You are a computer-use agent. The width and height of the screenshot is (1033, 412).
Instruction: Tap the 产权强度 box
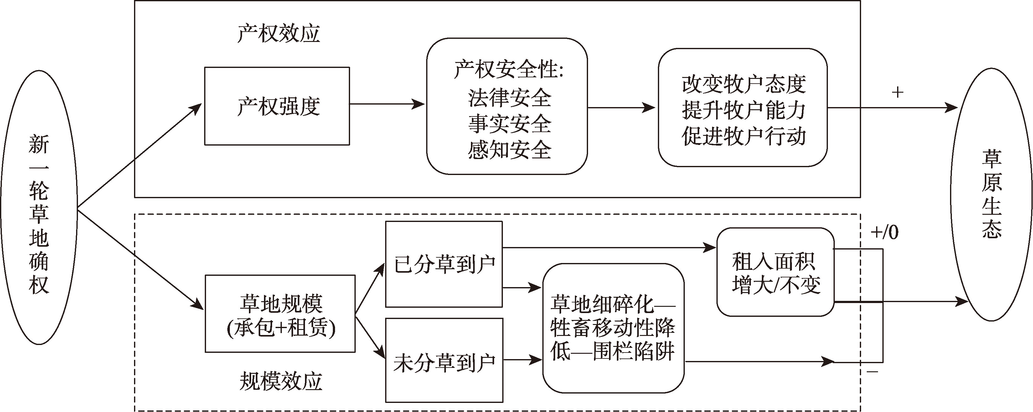277,106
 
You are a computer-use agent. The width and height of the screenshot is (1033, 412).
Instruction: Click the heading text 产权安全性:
509,69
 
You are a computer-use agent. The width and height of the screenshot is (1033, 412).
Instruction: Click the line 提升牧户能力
743,110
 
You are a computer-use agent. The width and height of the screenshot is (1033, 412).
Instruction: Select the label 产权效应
278,33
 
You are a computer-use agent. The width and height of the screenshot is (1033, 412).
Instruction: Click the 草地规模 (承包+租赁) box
280,314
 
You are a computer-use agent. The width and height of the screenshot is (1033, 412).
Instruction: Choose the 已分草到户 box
444,265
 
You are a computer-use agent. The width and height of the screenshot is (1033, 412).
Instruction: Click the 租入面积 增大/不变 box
775,273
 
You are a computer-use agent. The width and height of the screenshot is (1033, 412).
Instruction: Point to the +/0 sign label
884,232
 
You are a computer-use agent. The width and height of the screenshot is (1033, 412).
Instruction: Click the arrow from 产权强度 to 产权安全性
387,105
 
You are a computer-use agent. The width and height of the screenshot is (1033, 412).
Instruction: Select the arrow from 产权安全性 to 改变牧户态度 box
622,107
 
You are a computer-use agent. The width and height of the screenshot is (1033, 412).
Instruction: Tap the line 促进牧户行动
743,136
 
